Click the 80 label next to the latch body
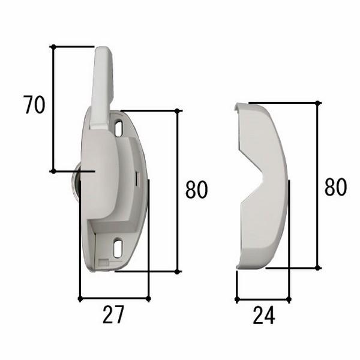pos(196,190)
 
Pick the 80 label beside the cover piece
pos(335,187)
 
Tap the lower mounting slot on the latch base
pos(118,246)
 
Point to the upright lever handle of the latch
pos(101,87)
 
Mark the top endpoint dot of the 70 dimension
pos(53,46)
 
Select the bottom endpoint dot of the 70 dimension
pos(53,171)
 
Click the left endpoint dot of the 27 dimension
pos(80,298)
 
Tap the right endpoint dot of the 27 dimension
pos(148,298)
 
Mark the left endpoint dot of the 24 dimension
pos(237,299)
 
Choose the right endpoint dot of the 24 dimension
pos(289,299)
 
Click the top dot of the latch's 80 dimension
pos(178,110)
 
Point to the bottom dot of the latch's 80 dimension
pos(178,271)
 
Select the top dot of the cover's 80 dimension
pos(319,103)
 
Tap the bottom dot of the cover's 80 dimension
pos(319,268)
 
